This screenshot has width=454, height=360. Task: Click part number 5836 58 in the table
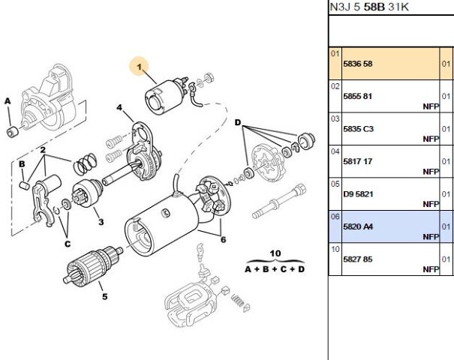357,64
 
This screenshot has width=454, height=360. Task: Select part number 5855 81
357,97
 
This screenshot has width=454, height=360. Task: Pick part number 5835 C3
358,129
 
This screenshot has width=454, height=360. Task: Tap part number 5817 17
357,161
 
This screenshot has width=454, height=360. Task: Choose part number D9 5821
358,193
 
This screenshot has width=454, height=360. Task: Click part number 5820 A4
358,226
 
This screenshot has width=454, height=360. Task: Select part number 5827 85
357,259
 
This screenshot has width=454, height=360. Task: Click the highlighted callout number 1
140,67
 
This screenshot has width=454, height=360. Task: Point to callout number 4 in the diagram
119,108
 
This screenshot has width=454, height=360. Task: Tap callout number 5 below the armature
104,296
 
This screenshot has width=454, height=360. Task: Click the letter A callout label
8,100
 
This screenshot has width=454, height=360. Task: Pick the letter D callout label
237,122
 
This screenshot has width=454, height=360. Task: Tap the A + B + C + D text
275,268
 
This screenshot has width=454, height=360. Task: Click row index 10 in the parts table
335,248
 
